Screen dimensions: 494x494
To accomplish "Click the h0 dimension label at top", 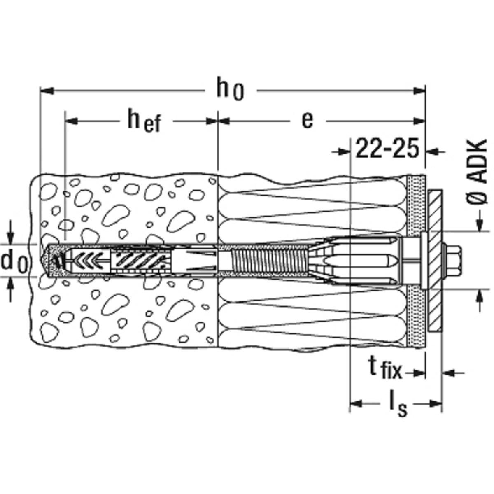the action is [x=230, y=88].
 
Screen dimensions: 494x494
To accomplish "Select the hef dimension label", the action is [x=144, y=121].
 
